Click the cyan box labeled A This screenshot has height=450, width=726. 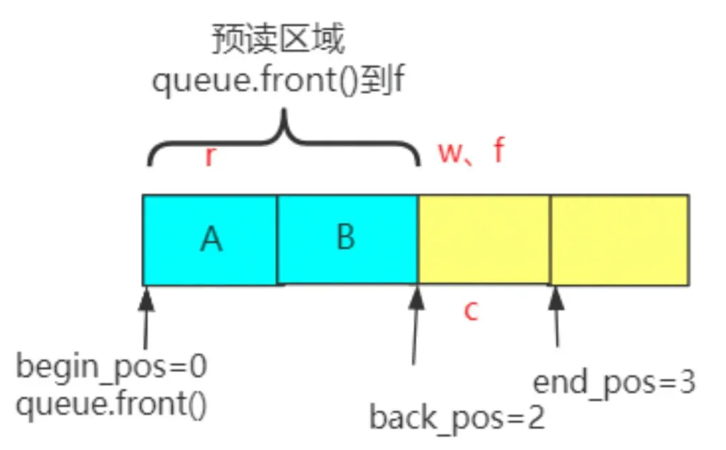pyautogui.click(x=210, y=240)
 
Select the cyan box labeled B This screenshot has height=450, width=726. pyautogui.click(x=348, y=238)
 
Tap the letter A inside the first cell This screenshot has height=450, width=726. pyautogui.click(x=211, y=240)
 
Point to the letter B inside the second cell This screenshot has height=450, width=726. pyautogui.click(x=346, y=237)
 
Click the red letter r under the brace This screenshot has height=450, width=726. pyautogui.click(x=210, y=155)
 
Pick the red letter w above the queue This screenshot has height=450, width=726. pyautogui.click(x=450, y=152)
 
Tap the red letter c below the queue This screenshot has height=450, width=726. pyautogui.click(x=471, y=311)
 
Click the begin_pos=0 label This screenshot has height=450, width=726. pyautogui.click(x=112, y=367)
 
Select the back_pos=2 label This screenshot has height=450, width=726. pyautogui.click(x=457, y=418)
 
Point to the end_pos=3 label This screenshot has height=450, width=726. pyautogui.click(x=614, y=383)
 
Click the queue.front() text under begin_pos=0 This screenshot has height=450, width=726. pyautogui.click(x=112, y=404)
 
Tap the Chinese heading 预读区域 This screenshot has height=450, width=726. pyautogui.click(x=278, y=40)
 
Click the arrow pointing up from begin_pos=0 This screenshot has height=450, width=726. pyautogui.click(x=147, y=318)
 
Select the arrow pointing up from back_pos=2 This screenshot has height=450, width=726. pyautogui.click(x=415, y=326)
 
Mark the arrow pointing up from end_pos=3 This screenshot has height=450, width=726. pyautogui.click(x=556, y=316)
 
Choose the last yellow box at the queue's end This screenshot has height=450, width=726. pyautogui.click(x=620, y=240)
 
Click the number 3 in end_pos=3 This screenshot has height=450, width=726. pyautogui.click(x=687, y=381)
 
